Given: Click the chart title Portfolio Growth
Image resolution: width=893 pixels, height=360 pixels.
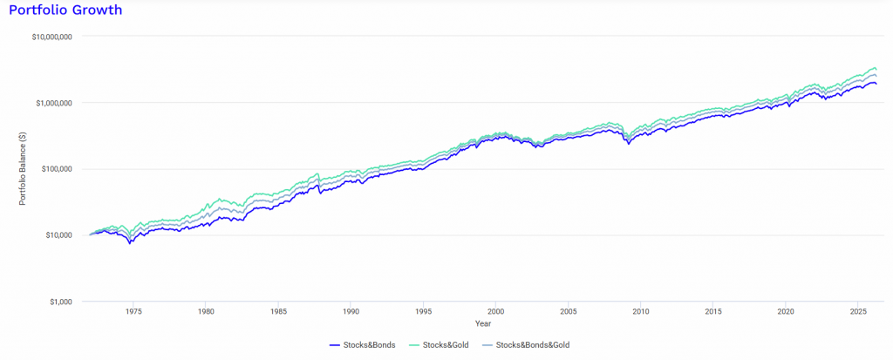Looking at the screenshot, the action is (x=65, y=10).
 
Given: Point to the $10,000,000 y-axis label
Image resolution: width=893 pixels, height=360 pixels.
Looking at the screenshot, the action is (x=51, y=37).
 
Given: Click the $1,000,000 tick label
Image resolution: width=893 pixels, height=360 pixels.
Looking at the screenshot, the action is (x=53, y=103).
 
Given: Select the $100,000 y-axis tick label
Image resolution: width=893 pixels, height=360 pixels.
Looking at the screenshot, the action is (x=56, y=169).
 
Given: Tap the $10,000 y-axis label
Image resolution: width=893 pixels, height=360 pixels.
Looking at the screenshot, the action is (x=58, y=235).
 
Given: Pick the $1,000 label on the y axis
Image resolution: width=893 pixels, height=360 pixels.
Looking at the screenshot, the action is (x=59, y=302).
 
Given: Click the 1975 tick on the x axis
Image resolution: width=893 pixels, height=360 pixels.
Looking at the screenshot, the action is (x=133, y=312).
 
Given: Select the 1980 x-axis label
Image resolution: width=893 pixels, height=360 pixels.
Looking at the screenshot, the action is (x=206, y=312).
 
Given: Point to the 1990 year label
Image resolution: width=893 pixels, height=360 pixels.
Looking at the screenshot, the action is (x=351, y=312).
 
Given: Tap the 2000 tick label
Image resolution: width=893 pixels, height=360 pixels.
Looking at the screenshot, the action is (x=495, y=312).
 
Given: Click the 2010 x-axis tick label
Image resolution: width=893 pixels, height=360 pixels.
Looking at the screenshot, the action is (x=641, y=312).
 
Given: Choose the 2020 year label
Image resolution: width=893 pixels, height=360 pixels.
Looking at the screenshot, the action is (x=786, y=312).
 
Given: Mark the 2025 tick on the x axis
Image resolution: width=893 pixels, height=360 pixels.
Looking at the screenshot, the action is (x=858, y=312).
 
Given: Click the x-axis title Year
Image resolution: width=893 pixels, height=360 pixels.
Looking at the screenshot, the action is (x=483, y=323).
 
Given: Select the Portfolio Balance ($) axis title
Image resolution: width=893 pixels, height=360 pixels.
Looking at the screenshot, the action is (x=22, y=169).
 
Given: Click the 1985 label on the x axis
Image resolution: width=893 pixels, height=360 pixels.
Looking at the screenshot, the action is (x=278, y=312).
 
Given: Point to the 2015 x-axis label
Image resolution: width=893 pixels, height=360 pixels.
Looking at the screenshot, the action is (x=713, y=312).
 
